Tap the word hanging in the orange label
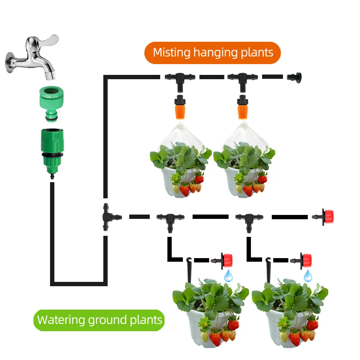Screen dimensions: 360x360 pos(215,53)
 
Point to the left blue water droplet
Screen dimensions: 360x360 pos(228,276)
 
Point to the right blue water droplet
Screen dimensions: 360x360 pos(308,276)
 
